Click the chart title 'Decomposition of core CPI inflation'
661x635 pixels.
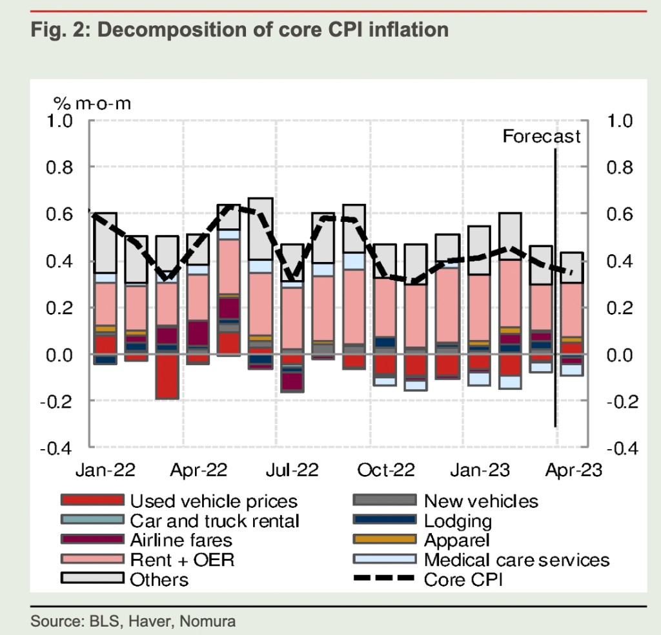coord(239,30)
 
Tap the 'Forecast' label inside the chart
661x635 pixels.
coord(541,136)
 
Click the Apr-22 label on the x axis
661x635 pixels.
coord(198,469)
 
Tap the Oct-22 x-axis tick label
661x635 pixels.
coord(385,469)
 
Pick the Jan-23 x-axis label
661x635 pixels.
coord(479,469)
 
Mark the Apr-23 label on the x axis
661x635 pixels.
coord(572,469)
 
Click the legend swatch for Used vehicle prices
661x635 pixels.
coord(92,500)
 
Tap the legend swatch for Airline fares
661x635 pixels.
coord(92,539)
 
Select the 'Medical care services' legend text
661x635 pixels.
coord(516,559)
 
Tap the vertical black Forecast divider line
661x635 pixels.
coord(555,290)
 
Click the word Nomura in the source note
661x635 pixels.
coord(208,621)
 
